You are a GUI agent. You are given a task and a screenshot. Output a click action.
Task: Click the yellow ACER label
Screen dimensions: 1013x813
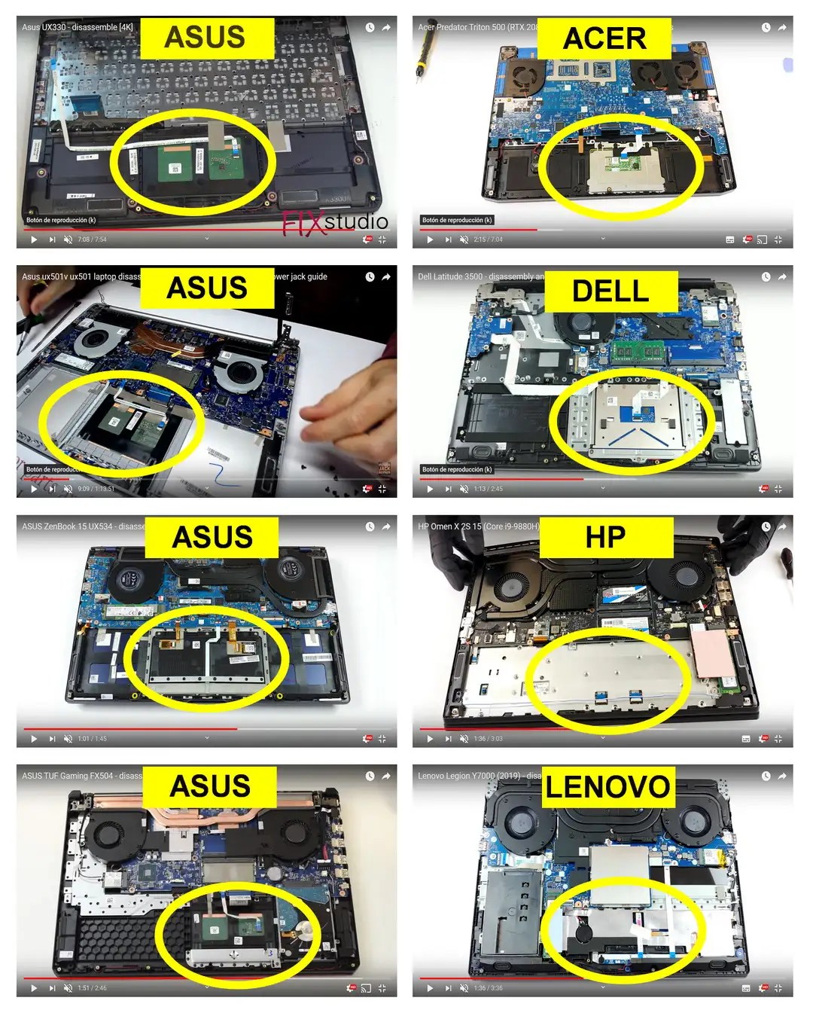click(x=604, y=38)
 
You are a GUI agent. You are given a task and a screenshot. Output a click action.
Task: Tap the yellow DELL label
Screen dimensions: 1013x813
click(x=611, y=291)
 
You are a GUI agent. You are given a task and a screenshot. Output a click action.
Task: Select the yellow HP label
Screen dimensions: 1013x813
click(x=605, y=537)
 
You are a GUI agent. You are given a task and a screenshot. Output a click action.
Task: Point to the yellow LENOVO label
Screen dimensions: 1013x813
click(x=607, y=787)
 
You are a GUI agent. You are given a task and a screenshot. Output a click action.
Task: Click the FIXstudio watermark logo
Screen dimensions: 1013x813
click(x=335, y=222)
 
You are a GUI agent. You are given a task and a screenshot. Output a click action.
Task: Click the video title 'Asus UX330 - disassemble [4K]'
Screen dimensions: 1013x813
click(x=77, y=27)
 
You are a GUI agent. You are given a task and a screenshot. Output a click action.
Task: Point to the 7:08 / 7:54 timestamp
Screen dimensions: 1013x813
click(x=92, y=240)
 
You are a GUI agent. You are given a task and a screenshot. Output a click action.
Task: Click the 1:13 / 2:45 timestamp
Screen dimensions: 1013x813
click(x=488, y=489)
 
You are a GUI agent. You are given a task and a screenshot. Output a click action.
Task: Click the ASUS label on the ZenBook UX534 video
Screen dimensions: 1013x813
click(x=212, y=537)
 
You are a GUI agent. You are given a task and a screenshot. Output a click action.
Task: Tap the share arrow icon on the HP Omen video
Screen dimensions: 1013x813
click(x=782, y=526)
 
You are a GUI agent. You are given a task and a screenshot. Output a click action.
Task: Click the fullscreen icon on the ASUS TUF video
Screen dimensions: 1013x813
click(x=382, y=988)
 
